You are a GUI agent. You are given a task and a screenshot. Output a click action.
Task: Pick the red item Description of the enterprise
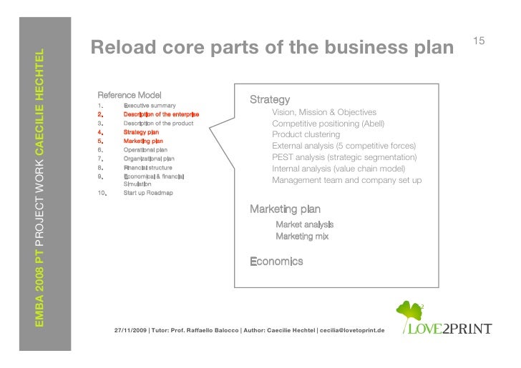pyautogui.click(x=161, y=114)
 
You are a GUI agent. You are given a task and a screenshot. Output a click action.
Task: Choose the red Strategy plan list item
pyautogui.click(x=141, y=132)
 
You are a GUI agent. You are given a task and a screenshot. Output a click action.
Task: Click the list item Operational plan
pyautogui.click(x=145, y=150)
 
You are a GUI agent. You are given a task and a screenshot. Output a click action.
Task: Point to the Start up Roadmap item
pyautogui.click(x=147, y=193)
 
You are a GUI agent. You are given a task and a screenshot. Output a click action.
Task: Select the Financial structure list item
pyautogui.click(x=147, y=167)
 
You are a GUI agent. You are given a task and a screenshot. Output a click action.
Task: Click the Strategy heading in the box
pyautogui.click(x=269, y=100)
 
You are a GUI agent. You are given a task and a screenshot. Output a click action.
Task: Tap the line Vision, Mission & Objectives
pyautogui.click(x=324, y=113)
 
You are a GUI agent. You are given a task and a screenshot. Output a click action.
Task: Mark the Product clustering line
pyautogui.click(x=306, y=135)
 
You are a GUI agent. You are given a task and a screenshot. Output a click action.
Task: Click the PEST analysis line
pyautogui.click(x=344, y=157)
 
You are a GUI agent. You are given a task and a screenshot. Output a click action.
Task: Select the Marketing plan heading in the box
pyautogui.click(x=285, y=209)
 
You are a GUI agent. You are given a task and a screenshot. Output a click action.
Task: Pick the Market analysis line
pyautogui.click(x=304, y=225)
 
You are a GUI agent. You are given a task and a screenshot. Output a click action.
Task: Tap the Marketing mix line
pyautogui.click(x=302, y=236)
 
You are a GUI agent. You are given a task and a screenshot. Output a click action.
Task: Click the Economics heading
pyautogui.click(x=276, y=262)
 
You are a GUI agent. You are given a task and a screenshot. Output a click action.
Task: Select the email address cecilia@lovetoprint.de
pyautogui.click(x=350, y=331)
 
